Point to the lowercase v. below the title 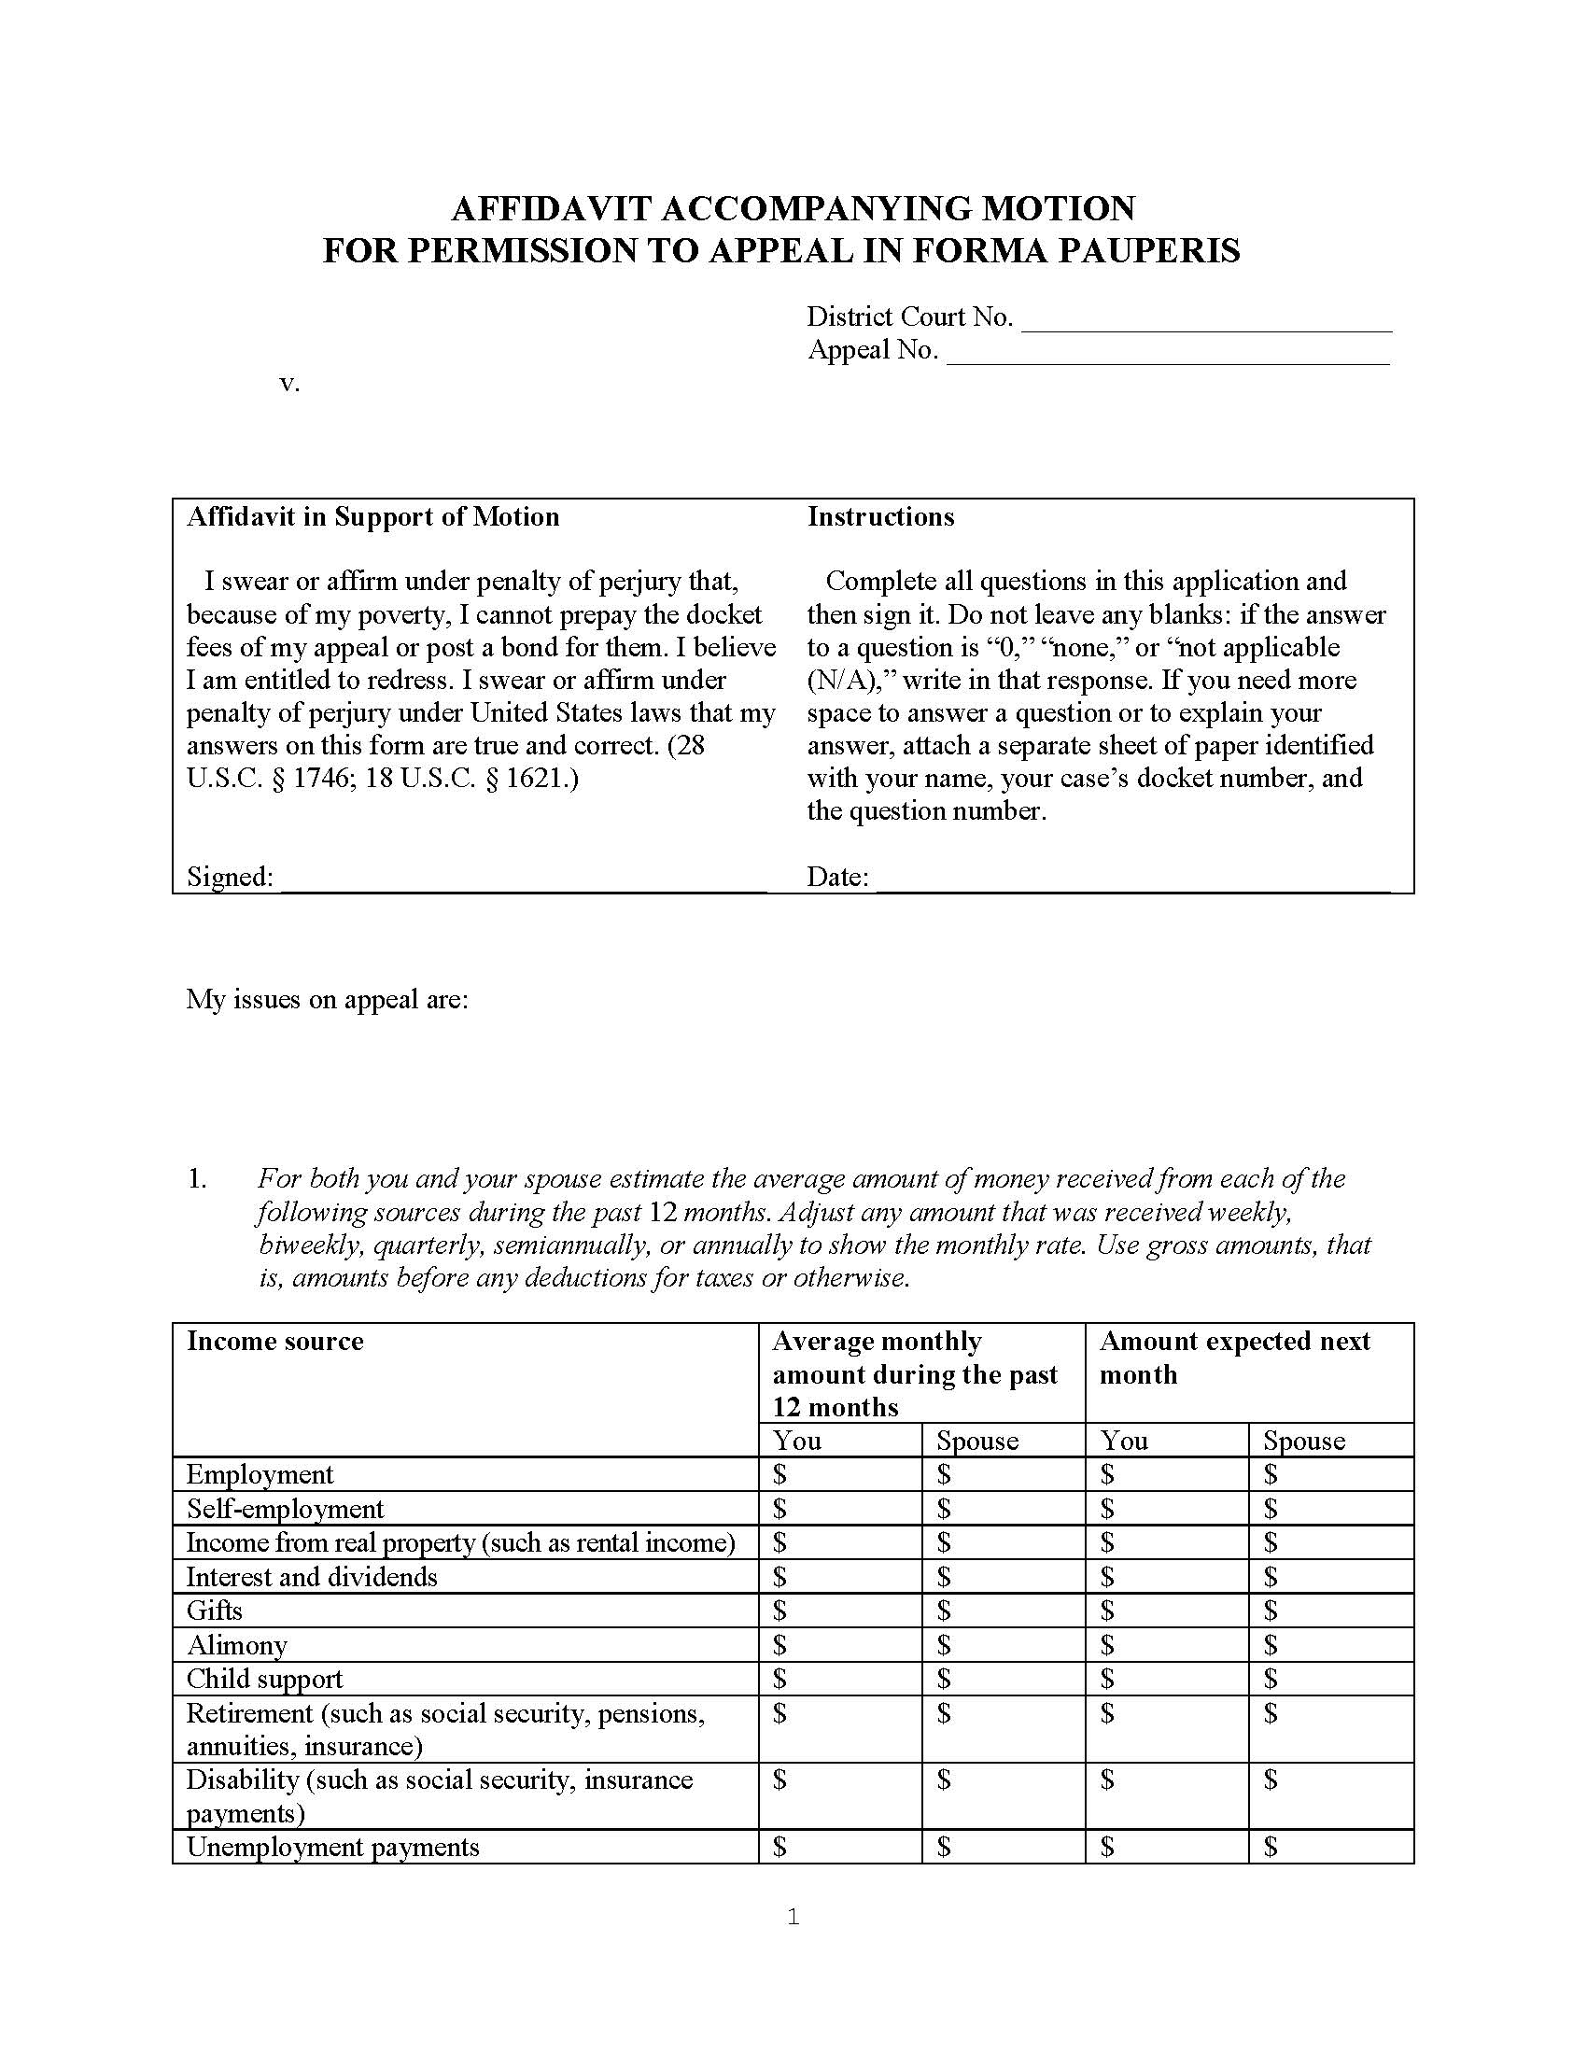(289, 384)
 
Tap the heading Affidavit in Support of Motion (372, 517)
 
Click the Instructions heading (880, 517)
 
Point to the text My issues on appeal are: (327, 999)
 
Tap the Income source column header (274, 1341)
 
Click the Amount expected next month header (1234, 1358)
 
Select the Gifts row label (215, 1611)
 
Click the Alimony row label (237, 1645)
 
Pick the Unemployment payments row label (333, 1847)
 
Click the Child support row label (264, 1679)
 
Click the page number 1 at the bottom (793, 1917)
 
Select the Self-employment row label (285, 1509)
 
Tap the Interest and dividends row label (311, 1576)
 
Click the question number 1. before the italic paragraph (196, 1179)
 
